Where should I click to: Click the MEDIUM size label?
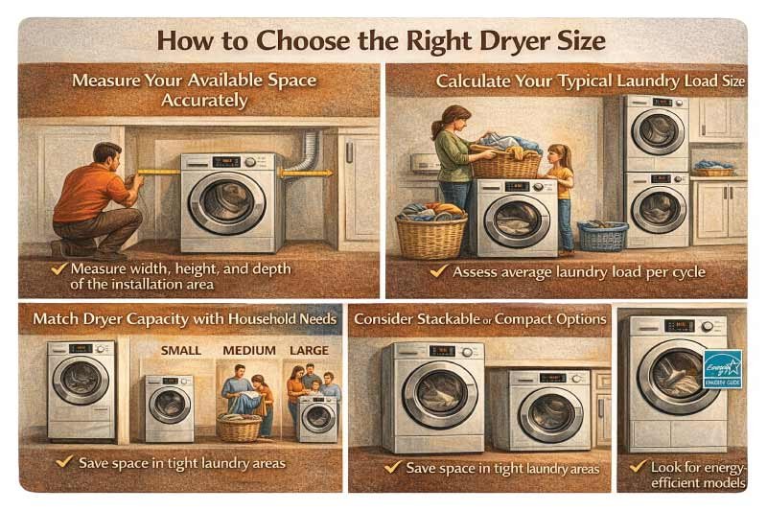click(x=248, y=350)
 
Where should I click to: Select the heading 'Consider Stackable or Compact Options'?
click(x=479, y=318)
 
